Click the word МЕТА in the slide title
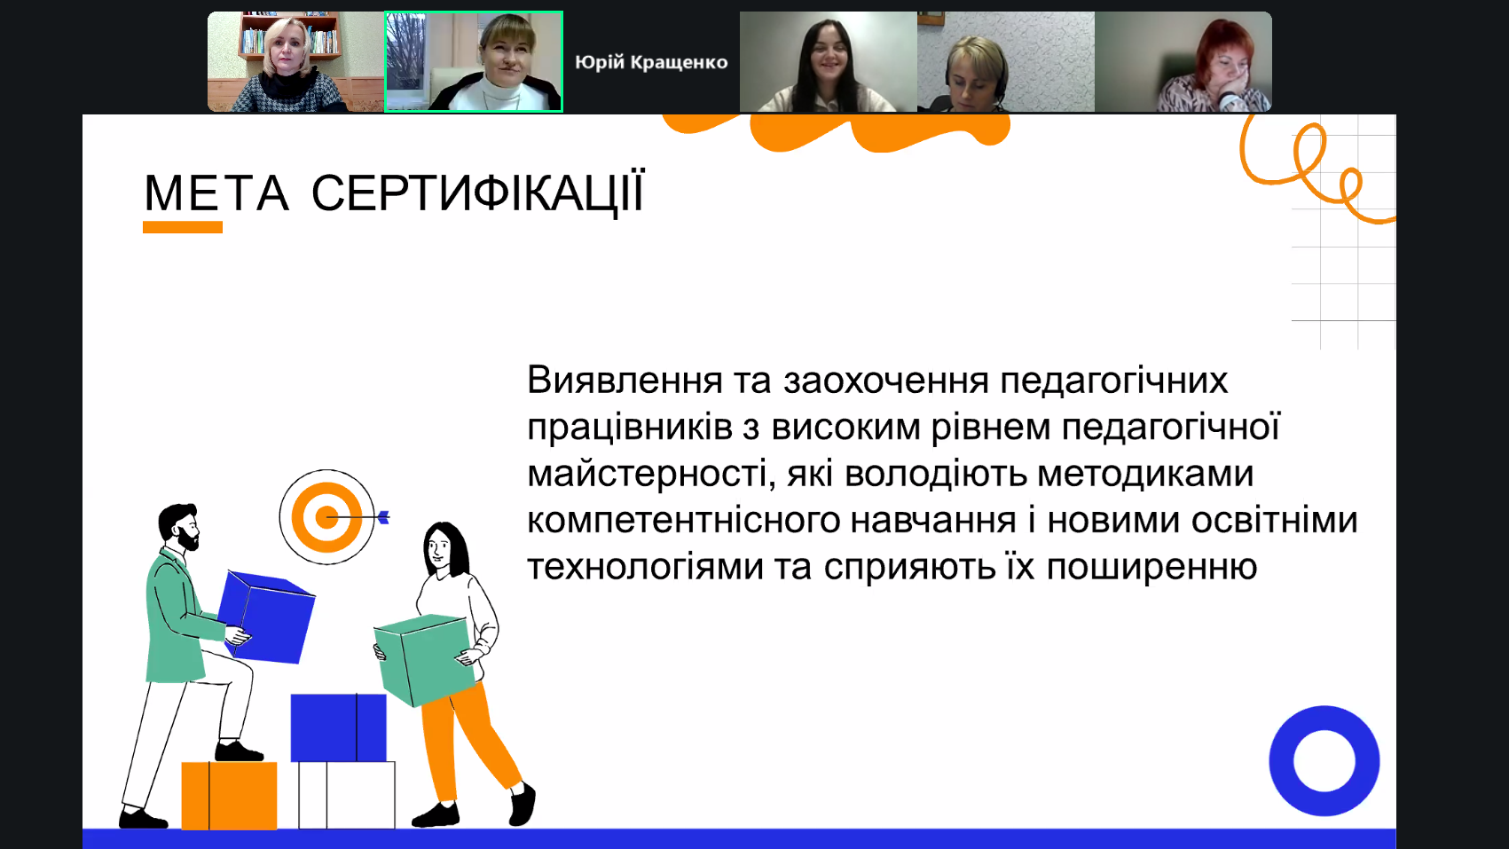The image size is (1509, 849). click(x=217, y=193)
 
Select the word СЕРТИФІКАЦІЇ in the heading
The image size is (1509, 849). click(x=477, y=193)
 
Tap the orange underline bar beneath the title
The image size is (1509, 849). click(x=183, y=228)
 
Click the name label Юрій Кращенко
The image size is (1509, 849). click(x=651, y=63)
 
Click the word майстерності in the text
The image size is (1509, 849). click(x=648, y=474)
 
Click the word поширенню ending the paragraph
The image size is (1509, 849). click(x=1152, y=567)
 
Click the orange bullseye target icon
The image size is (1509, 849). click(x=326, y=517)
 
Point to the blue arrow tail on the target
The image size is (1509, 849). click(x=383, y=517)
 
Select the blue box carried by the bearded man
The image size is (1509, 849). click(x=267, y=617)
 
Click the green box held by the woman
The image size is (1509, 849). click(x=424, y=660)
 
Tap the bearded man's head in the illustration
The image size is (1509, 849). click(x=179, y=526)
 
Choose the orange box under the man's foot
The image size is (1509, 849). click(x=229, y=796)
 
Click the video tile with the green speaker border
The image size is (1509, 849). click(x=474, y=61)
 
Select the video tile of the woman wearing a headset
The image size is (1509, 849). click(x=1006, y=61)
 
